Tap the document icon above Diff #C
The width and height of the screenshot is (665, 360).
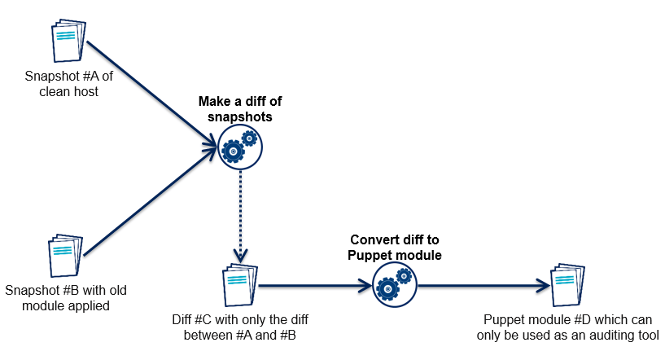[238, 285]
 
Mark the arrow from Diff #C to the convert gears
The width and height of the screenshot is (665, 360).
[313, 286]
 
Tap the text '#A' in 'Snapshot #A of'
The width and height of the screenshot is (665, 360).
[84, 77]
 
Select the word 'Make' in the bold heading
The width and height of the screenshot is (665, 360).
[214, 103]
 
